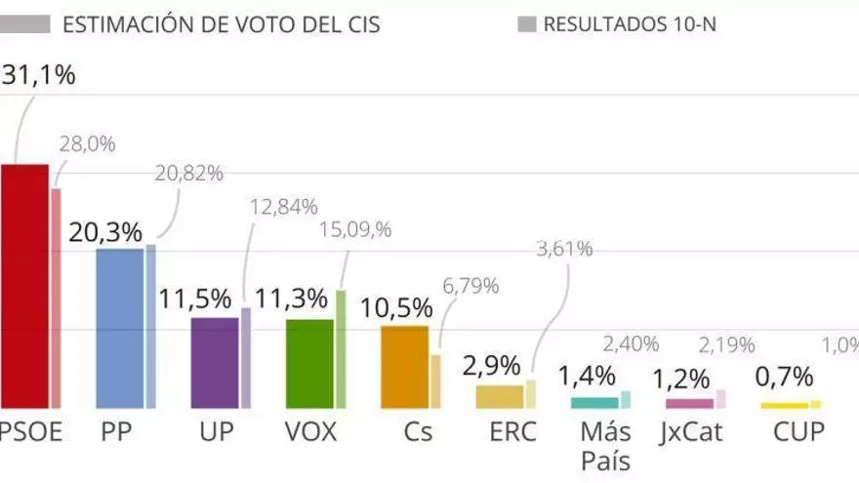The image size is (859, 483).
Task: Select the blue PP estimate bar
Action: coord(119,328)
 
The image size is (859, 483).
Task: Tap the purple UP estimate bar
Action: coord(214,362)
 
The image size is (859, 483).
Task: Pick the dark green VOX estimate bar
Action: coord(309,363)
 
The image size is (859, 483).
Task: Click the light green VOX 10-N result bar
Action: coord(341,348)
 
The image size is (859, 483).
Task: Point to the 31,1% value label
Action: coord(39,75)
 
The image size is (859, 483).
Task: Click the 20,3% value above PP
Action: coord(105,232)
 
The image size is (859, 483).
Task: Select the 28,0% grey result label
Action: coord(88,144)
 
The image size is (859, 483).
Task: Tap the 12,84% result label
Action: coord(284,206)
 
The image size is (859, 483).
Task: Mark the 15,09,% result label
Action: coord(356,230)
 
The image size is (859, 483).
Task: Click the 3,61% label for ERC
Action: coord(563,248)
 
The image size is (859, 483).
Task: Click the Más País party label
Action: coord(605,445)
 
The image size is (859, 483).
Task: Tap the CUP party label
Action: coord(798,431)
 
